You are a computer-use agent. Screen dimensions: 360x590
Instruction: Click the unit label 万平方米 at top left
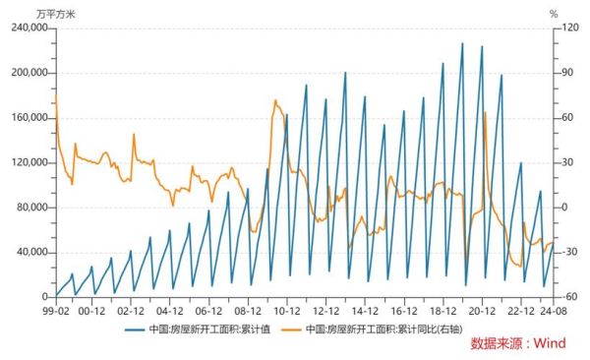(x=55, y=13)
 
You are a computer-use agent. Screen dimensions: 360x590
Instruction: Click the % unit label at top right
(x=554, y=13)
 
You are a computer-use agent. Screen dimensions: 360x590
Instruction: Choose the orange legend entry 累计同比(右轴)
(x=374, y=330)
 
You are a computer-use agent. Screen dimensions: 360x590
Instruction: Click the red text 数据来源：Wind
(x=518, y=344)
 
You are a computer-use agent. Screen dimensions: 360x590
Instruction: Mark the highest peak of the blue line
(x=462, y=43)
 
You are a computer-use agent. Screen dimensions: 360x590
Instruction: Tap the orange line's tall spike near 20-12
(x=485, y=113)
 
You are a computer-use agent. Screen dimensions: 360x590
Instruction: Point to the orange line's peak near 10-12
(x=275, y=100)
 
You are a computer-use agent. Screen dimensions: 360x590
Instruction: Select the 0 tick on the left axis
(x=46, y=297)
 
